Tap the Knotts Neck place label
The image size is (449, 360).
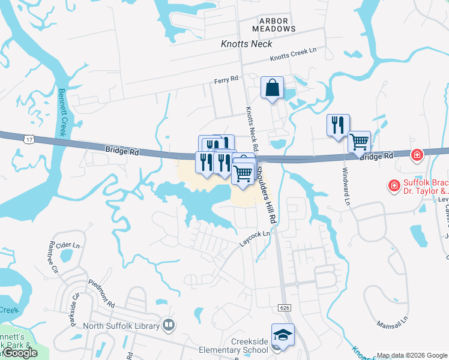click(x=246, y=44)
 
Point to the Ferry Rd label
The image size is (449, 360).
click(x=226, y=79)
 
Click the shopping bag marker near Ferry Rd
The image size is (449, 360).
click(x=272, y=88)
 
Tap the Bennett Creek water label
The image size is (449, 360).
click(x=62, y=113)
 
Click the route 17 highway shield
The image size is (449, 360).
click(x=29, y=139)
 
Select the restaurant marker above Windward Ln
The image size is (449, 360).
click(x=338, y=125)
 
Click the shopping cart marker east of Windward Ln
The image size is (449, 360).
click(x=359, y=142)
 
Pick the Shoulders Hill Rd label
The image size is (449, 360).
click(x=268, y=191)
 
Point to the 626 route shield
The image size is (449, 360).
click(x=285, y=307)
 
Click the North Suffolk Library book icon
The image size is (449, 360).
click(x=169, y=326)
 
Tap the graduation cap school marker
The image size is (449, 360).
click(x=283, y=334)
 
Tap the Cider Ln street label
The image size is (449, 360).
click(x=67, y=246)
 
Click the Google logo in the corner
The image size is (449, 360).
click(x=20, y=353)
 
